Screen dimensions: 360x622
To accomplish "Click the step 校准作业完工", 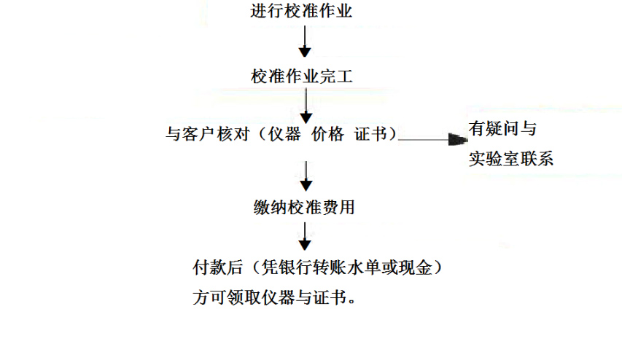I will pos(303,76).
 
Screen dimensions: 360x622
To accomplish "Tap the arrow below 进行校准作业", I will pos(306,43).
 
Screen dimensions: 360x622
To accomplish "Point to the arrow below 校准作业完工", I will pos(306,106).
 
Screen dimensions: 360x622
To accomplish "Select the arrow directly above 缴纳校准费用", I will pos(306,175).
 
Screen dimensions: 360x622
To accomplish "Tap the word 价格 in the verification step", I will pos(328,135).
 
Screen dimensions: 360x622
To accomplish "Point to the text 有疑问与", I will pos(503,130).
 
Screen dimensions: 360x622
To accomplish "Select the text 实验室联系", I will pos(511,158).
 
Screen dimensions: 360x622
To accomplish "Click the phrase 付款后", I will pos(217,268).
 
